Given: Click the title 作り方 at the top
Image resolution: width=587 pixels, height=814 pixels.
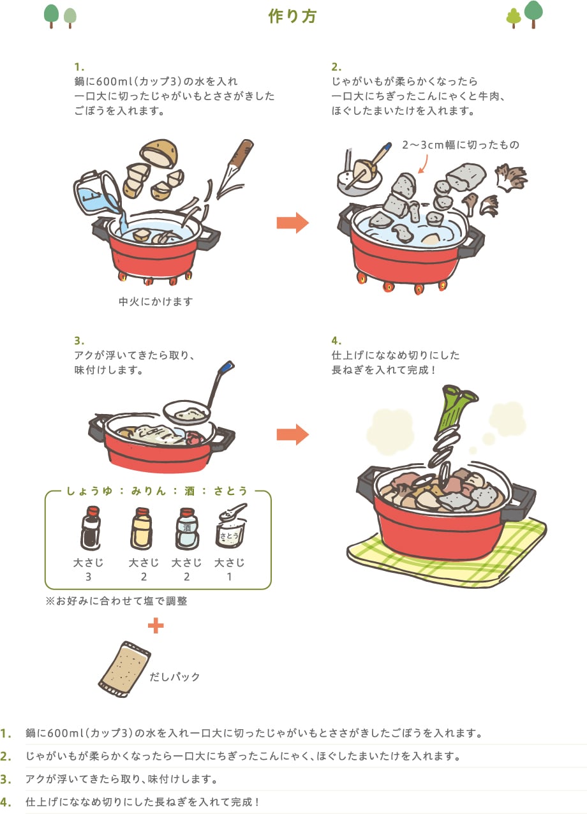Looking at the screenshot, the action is [293, 17].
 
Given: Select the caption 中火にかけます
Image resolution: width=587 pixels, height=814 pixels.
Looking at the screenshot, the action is [156, 302].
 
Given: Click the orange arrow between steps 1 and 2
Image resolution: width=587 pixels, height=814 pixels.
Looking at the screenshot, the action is [293, 223].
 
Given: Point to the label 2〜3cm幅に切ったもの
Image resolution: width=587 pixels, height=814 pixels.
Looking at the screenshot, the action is [461, 145].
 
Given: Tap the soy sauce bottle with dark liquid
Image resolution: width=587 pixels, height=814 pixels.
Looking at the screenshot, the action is [91, 528].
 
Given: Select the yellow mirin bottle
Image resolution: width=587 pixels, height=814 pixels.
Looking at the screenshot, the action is [142, 529].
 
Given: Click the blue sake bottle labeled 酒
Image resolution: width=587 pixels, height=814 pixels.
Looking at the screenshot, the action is [187, 529].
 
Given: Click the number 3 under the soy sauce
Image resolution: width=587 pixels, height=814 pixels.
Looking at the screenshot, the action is [88, 577].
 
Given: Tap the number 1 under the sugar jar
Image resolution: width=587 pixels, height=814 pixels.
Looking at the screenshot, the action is [229, 577].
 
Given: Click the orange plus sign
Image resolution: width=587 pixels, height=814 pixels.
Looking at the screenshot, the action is [156, 625].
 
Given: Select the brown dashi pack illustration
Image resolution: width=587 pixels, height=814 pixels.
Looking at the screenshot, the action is [124, 669].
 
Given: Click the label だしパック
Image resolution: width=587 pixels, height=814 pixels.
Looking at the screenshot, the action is [175, 677].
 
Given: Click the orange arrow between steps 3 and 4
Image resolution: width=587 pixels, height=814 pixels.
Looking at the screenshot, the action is [293, 434].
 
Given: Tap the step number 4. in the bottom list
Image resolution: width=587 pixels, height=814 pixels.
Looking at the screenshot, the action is [6, 802].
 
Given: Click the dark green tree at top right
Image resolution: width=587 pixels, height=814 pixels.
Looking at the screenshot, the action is [533, 14].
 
